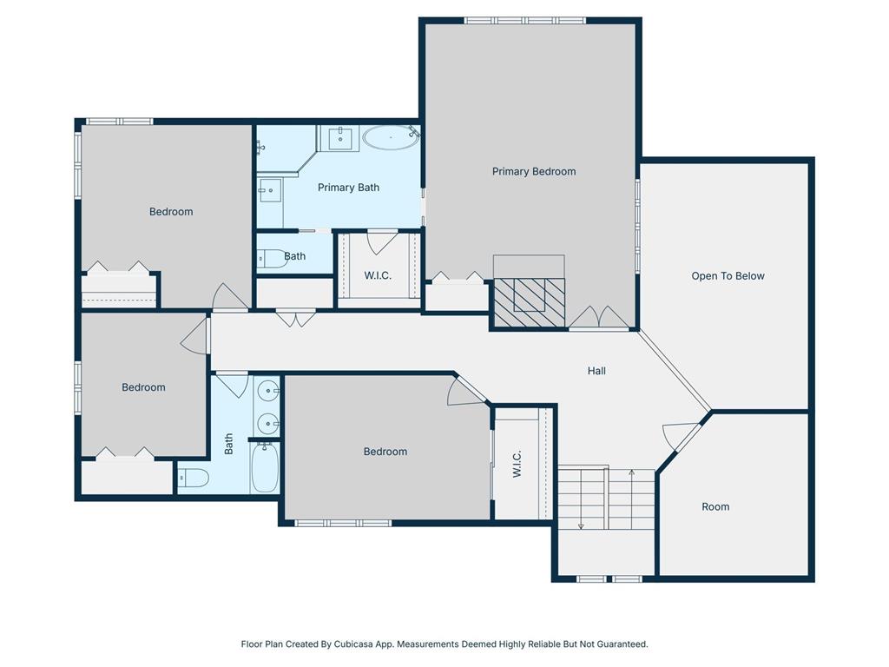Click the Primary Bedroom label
click(x=534, y=171)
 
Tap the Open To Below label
click(x=728, y=276)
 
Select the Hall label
click(x=596, y=371)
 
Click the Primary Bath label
click(x=348, y=188)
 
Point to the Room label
click(x=715, y=507)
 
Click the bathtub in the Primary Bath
click(x=390, y=138)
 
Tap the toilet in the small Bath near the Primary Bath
click(x=273, y=259)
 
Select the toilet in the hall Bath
click(x=194, y=479)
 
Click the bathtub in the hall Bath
click(x=264, y=468)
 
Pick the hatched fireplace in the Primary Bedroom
click(x=529, y=302)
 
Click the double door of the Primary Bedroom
click(x=599, y=318)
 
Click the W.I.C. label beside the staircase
click(x=517, y=464)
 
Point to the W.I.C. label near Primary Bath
click(x=378, y=275)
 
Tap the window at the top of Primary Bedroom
click(x=525, y=21)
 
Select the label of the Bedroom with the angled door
click(x=385, y=452)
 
